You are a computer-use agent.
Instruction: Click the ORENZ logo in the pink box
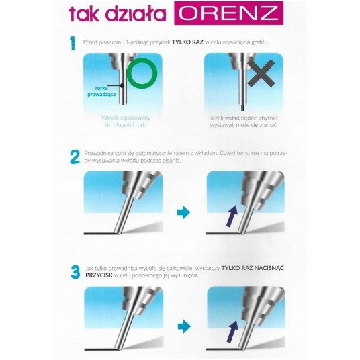pyautogui.click(x=228, y=13)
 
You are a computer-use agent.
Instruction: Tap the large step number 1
pyautogui.click(x=73, y=43)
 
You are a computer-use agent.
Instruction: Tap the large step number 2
pyautogui.click(x=75, y=157)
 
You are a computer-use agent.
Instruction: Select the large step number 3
pyautogui.click(x=75, y=272)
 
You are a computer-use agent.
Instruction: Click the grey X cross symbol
pyautogui.click(x=261, y=73)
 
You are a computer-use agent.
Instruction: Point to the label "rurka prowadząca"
pyautogui.click(x=101, y=91)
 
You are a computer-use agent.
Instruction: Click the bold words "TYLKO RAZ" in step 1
pyautogui.click(x=187, y=42)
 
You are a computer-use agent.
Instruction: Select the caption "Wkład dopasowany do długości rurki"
pyautogui.click(x=126, y=121)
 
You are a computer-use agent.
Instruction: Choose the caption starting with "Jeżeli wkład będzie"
pyautogui.click(x=244, y=122)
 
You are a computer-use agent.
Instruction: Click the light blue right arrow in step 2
pyautogui.click(x=183, y=212)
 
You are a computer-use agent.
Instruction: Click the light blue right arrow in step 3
pyautogui.click(x=184, y=326)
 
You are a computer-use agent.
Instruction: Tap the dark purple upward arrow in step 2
pyautogui.click(x=232, y=216)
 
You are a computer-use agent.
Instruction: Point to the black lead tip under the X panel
pyautogui.click(x=242, y=108)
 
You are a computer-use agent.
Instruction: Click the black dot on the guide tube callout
pyautogui.click(x=122, y=86)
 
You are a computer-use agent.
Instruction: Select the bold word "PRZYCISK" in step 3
pyautogui.click(x=99, y=275)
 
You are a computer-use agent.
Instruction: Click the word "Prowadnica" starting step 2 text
pyautogui.click(x=99, y=153)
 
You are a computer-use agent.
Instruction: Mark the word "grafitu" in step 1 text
pyautogui.click(x=260, y=42)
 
